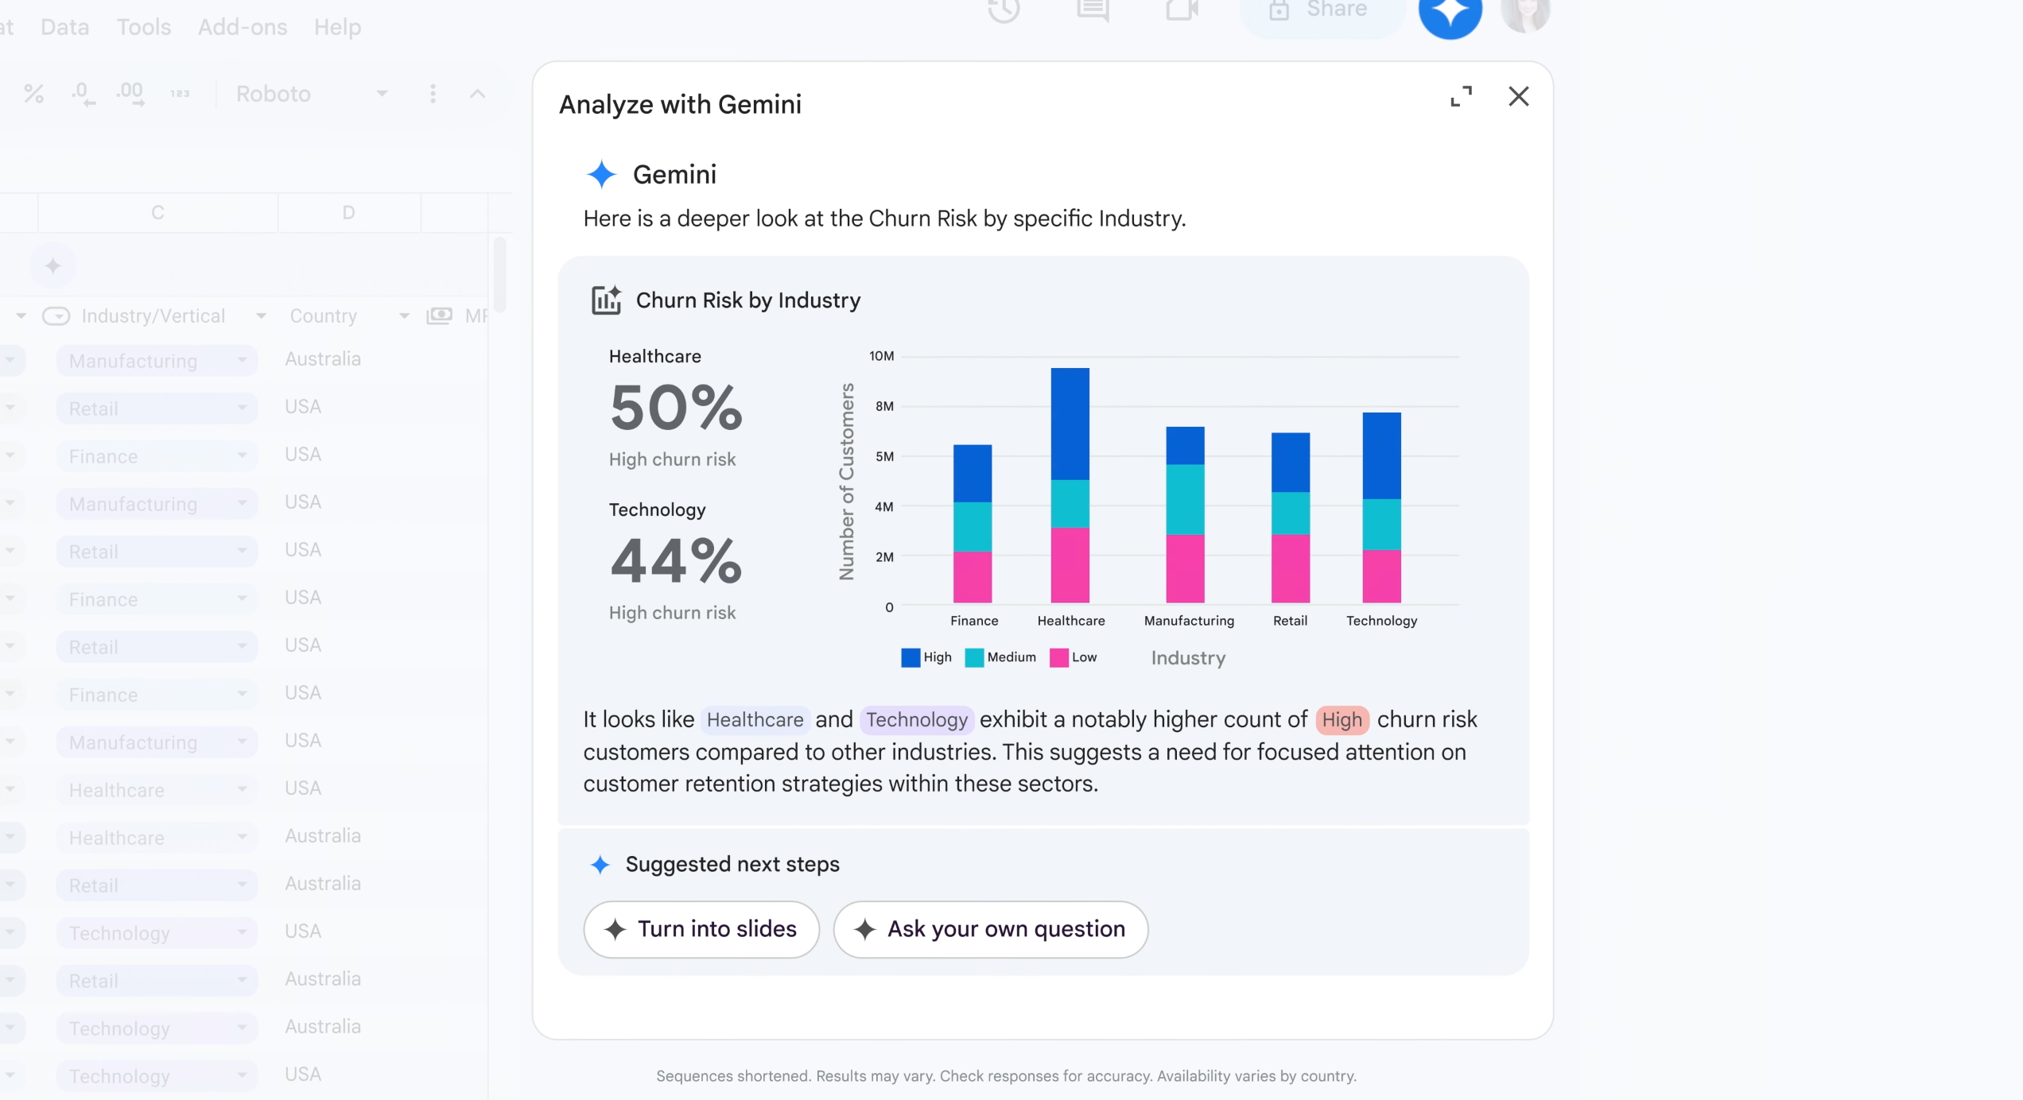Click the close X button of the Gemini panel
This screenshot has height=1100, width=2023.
coord(1518,96)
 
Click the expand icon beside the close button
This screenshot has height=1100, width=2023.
coord(1461,96)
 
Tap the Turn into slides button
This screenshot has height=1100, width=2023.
coord(701,929)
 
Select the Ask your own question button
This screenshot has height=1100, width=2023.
coord(990,929)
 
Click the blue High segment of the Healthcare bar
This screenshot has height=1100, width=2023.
coord(1070,423)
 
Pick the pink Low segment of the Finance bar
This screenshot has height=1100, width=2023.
coord(973,577)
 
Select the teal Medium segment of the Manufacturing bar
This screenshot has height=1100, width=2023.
coord(1185,499)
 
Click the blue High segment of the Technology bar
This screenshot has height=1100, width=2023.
coord(1381,455)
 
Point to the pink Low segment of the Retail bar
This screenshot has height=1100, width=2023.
coord(1290,568)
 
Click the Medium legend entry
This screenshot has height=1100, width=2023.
coord(1001,657)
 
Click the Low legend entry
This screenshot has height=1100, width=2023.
coord(1074,657)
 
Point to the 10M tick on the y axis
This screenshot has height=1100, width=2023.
coord(881,356)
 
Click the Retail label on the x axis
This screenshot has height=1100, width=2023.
coord(1290,621)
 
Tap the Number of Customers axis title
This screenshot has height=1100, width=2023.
coord(846,482)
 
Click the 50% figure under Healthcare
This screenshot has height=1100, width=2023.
coord(676,409)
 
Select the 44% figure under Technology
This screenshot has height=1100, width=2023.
coord(676,561)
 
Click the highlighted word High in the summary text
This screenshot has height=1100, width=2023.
coord(1342,720)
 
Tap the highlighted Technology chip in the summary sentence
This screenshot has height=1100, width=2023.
coord(917,720)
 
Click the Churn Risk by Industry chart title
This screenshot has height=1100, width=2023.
coord(747,300)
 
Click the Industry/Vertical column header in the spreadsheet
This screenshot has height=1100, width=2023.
coord(153,316)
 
